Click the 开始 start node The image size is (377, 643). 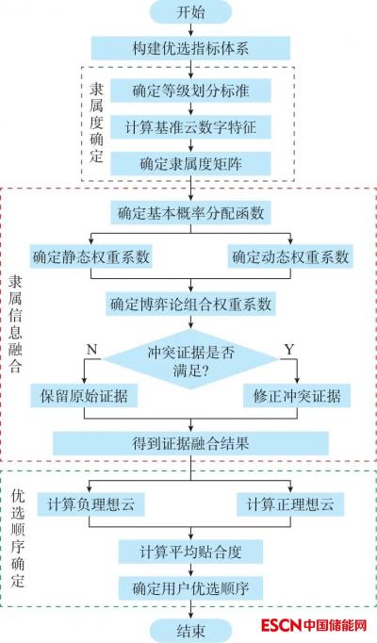(x=190, y=12)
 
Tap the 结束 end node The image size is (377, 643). (x=190, y=631)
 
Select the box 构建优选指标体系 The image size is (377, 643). (x=190, y=48)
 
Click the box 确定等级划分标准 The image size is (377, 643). (x=190, y=91)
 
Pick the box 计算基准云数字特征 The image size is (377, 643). (x=190, y=127)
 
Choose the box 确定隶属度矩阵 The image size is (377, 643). (x=190, y=164)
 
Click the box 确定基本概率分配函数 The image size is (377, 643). (x=190, y=213)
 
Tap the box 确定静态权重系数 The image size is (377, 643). (x=91, y=256)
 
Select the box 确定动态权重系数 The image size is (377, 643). (x=290, y=256)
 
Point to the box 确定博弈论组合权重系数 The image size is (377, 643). (x=190, y=304)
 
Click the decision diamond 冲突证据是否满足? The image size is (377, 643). (x=190, y=359)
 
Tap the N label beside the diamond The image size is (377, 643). (x=91, y=350)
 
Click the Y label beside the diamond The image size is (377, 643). (x=289, y=350)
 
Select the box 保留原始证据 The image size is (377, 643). (x=84, y=396)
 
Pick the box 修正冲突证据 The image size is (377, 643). (x=297, y=396)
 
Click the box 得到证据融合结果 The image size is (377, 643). (x=190, y=443)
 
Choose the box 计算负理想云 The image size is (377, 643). (x=90, y=504)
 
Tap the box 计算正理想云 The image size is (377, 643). (x=290, y=504)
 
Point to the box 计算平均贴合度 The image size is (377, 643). (x=190, y=552)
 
